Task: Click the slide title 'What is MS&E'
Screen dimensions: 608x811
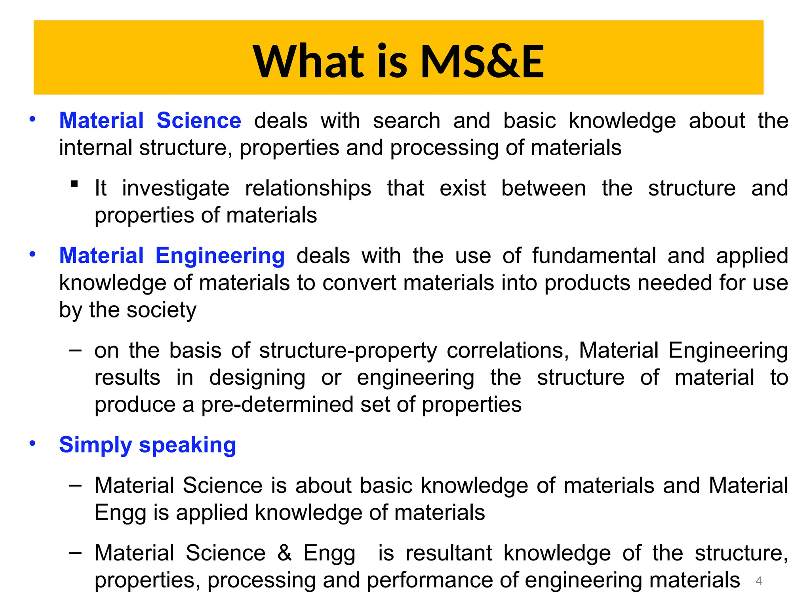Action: click(398, 61)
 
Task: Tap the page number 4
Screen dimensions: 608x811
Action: click(759, 581)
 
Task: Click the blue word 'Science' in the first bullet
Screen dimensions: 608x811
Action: click(199, 120)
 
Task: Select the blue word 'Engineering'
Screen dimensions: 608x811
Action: click(220, 256)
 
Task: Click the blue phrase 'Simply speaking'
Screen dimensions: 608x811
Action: click(147, 445)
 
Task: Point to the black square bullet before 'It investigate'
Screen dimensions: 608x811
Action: click(74, 184)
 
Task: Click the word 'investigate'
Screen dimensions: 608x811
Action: click(175, 188)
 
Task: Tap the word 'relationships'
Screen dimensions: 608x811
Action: click(308, 188)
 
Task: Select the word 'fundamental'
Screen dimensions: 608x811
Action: click(594, 256)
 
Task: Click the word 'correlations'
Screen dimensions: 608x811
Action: click(508, 351)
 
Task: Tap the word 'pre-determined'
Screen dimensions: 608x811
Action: click(278, 405)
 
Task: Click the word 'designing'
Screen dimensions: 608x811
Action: click(257, 378)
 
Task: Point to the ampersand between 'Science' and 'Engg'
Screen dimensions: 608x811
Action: click(284, 553)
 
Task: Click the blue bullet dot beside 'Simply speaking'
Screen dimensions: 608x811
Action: click(32, 443)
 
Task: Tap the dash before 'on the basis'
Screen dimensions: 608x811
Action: click(75, 350)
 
